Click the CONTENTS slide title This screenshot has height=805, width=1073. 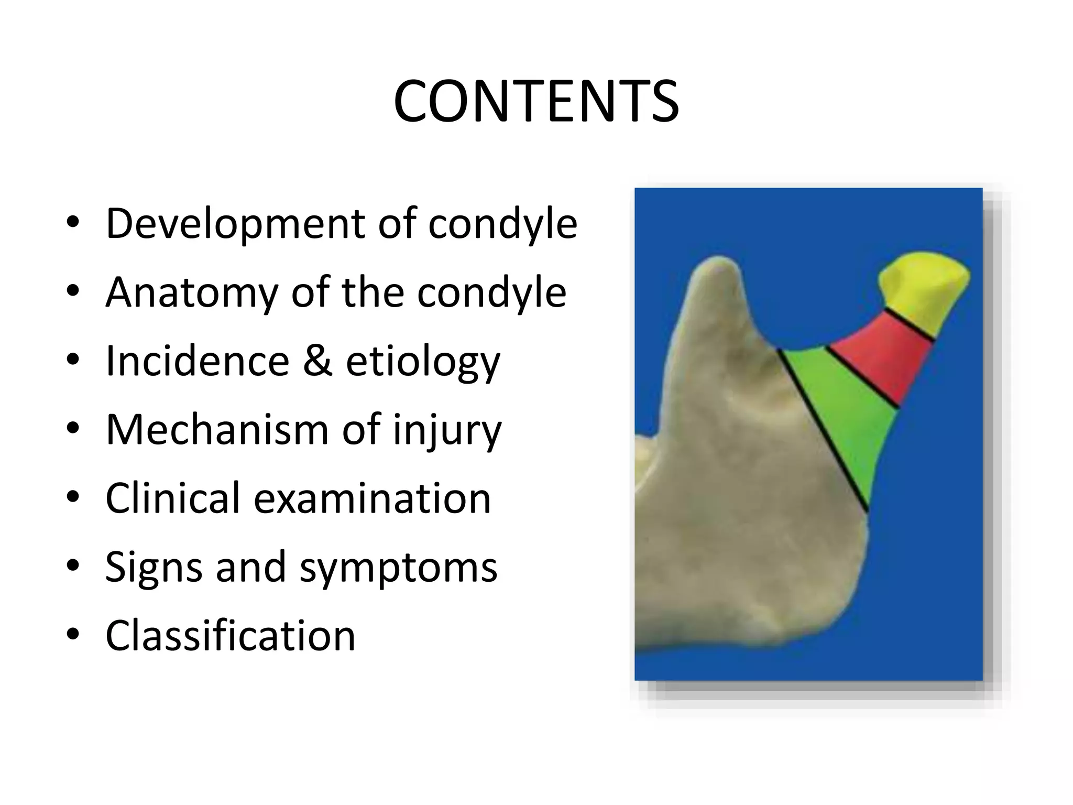coord(536,102)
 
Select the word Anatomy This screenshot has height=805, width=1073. coord(192,292)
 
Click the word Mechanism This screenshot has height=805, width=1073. coord(217,430)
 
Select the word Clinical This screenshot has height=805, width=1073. coord(172,498)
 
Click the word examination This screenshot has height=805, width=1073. coord(372,498)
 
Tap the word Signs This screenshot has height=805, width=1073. coord(154,567)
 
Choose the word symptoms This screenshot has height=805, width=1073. coord(398,568)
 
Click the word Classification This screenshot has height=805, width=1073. coord(231,636)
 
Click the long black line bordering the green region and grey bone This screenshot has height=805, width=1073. coord(823,430)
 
